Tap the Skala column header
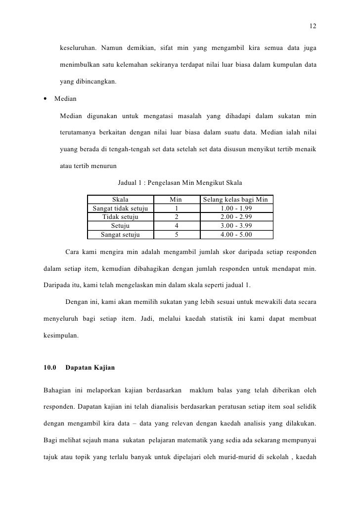(121, 200)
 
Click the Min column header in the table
(176, 200)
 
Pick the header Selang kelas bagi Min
(236, 200)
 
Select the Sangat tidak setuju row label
(121, 209)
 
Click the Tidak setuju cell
(121, 217)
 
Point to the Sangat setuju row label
(121, 235)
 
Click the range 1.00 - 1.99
(236, 209)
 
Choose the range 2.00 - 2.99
(236, 217)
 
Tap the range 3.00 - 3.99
(236, 226)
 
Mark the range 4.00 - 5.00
(236, 235)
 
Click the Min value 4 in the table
(177, 226)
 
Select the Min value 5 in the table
(177, 235)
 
